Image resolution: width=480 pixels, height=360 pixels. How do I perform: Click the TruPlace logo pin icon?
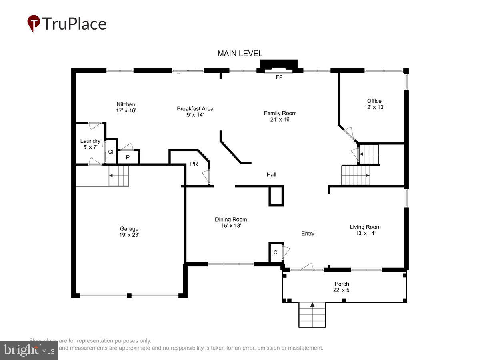[x=34, y=23]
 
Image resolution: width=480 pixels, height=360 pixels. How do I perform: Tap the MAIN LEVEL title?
[x=240, y=54]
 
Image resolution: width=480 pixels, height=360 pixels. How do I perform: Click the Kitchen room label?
[x=126, y=104]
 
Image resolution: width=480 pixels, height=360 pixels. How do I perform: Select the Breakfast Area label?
[x=195, y=108]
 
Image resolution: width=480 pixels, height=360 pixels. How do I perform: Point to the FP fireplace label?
[x=279, y=78]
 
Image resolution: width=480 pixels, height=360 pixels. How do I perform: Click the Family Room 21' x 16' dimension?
[x=280, y=119]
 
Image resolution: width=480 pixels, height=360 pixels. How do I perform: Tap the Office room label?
[x=374, y=101]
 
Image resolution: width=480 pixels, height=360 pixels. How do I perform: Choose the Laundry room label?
[x=90, y=141]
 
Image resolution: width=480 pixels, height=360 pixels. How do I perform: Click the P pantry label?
[x=128, y=158]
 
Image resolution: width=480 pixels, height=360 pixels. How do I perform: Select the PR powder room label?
[x=194, y=164]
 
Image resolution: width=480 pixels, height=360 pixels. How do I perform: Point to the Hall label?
[x=271, y=175]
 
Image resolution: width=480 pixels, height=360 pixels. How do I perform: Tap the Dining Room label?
[x=231, y=219]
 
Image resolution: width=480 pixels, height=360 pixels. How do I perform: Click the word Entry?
[x=308, y=234]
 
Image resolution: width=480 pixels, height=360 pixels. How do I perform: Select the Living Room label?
[x=365, y=227]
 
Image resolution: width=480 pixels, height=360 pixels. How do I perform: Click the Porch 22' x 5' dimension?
[x=342, y=290]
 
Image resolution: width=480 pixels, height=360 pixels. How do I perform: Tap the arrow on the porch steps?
[x=312, y=305]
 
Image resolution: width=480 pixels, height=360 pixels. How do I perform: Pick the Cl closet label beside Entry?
[x=276, y=252]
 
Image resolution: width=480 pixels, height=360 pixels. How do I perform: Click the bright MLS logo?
[x=29, y=350]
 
